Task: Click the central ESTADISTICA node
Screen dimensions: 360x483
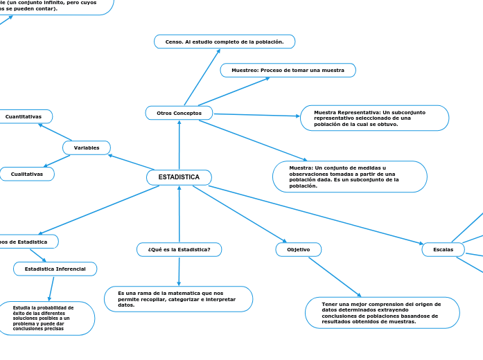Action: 179,178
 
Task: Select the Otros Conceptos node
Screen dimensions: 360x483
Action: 179,113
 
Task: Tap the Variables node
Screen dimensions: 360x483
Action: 87,147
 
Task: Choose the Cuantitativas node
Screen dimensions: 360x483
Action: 24,116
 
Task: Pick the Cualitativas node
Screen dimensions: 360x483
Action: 27,174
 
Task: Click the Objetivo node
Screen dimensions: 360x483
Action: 298,249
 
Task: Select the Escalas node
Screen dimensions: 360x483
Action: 443,249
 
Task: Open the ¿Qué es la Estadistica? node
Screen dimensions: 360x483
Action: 179,249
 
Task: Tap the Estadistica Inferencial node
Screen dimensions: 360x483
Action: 55,269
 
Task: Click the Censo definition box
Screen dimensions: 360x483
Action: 224,42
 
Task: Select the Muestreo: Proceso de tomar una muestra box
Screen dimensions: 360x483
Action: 288,71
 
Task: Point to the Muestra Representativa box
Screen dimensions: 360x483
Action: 374,118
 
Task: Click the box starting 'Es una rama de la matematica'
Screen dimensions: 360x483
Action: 178,299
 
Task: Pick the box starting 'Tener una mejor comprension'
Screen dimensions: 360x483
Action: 382,312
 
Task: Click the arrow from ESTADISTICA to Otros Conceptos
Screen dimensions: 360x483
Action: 179,145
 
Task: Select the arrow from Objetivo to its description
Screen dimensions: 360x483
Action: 334,277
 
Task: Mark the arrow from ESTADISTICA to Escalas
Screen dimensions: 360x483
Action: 315,215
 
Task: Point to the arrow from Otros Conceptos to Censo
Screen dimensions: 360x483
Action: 202,76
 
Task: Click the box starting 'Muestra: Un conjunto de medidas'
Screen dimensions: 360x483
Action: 349,177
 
